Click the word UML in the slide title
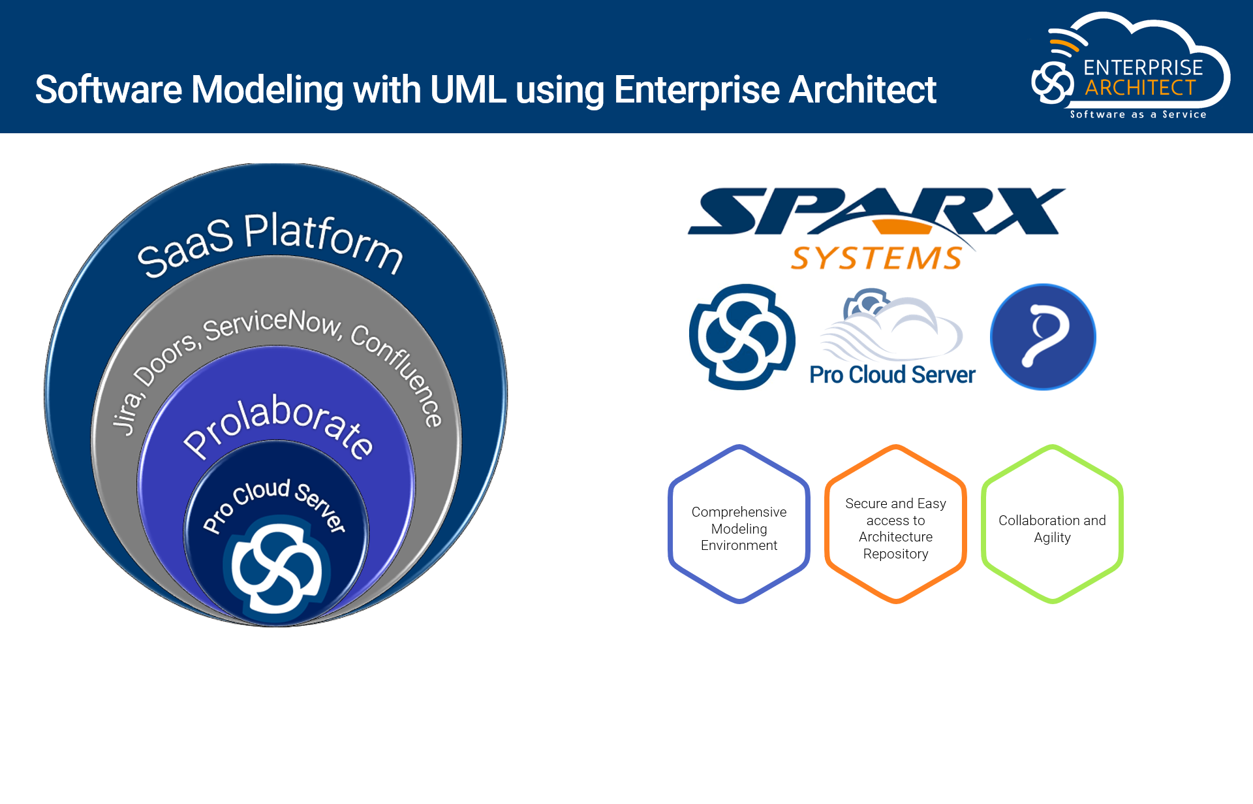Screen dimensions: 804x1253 (x=467, y=89)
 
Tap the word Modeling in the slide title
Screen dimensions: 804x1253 (x=267, y=89)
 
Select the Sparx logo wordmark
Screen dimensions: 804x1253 (x=876, y=211)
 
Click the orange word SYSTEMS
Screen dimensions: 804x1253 (x=876, y=259)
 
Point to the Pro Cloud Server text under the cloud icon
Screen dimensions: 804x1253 (x=892, y=375)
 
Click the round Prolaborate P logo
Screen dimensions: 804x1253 (x=1042, y=337)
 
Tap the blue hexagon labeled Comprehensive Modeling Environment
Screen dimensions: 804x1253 (x=739, y=524)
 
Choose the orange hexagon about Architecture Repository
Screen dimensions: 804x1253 (x=895, y=524)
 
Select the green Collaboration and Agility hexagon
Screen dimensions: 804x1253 (x=1052, y=524)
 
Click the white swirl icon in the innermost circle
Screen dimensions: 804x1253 (x=277, y=564)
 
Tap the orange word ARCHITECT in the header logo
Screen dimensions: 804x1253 (x=1140, y=88)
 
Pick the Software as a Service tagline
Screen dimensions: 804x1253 (x=1138, y=115)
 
